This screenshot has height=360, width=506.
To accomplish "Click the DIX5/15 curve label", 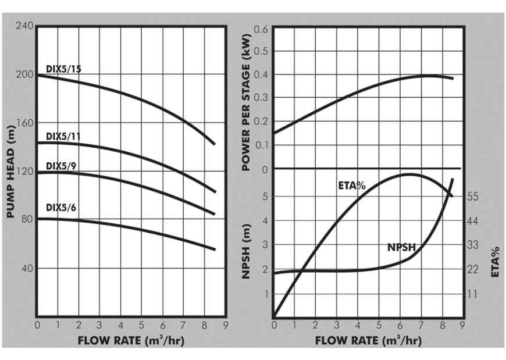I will (x=63, y=70).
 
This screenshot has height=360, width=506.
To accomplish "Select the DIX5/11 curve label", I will (x=63, y=137).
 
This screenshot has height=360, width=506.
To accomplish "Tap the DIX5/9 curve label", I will (x=61, y=166).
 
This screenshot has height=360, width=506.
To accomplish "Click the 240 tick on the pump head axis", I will (x=25, y=27).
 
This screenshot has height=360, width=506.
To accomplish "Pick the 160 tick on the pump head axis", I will (x=25, y=123).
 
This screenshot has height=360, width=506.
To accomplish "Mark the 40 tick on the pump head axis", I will (x=27, y=269).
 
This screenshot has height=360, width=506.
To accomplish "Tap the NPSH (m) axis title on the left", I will (x=246, y=251).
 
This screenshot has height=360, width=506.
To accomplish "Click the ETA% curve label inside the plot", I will (x=351, y=186).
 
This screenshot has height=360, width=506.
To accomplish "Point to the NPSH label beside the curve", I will (x=401, y=248).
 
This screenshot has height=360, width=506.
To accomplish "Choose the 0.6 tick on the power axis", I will (x=261, y=29).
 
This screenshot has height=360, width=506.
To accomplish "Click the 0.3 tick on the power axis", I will (x=261, y=98).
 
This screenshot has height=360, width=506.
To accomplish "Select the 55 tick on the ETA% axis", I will (x=472, y=197).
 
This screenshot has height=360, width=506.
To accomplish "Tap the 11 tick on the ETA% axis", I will (x=472, y=294).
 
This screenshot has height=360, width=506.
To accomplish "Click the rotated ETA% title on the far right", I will (x=496, y=262).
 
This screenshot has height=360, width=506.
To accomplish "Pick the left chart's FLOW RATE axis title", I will (x=131, y=340).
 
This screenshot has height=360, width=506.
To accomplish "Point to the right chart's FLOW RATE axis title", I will (x=368, y=340).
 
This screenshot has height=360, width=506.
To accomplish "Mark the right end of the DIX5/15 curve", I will (x=215, y=144).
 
